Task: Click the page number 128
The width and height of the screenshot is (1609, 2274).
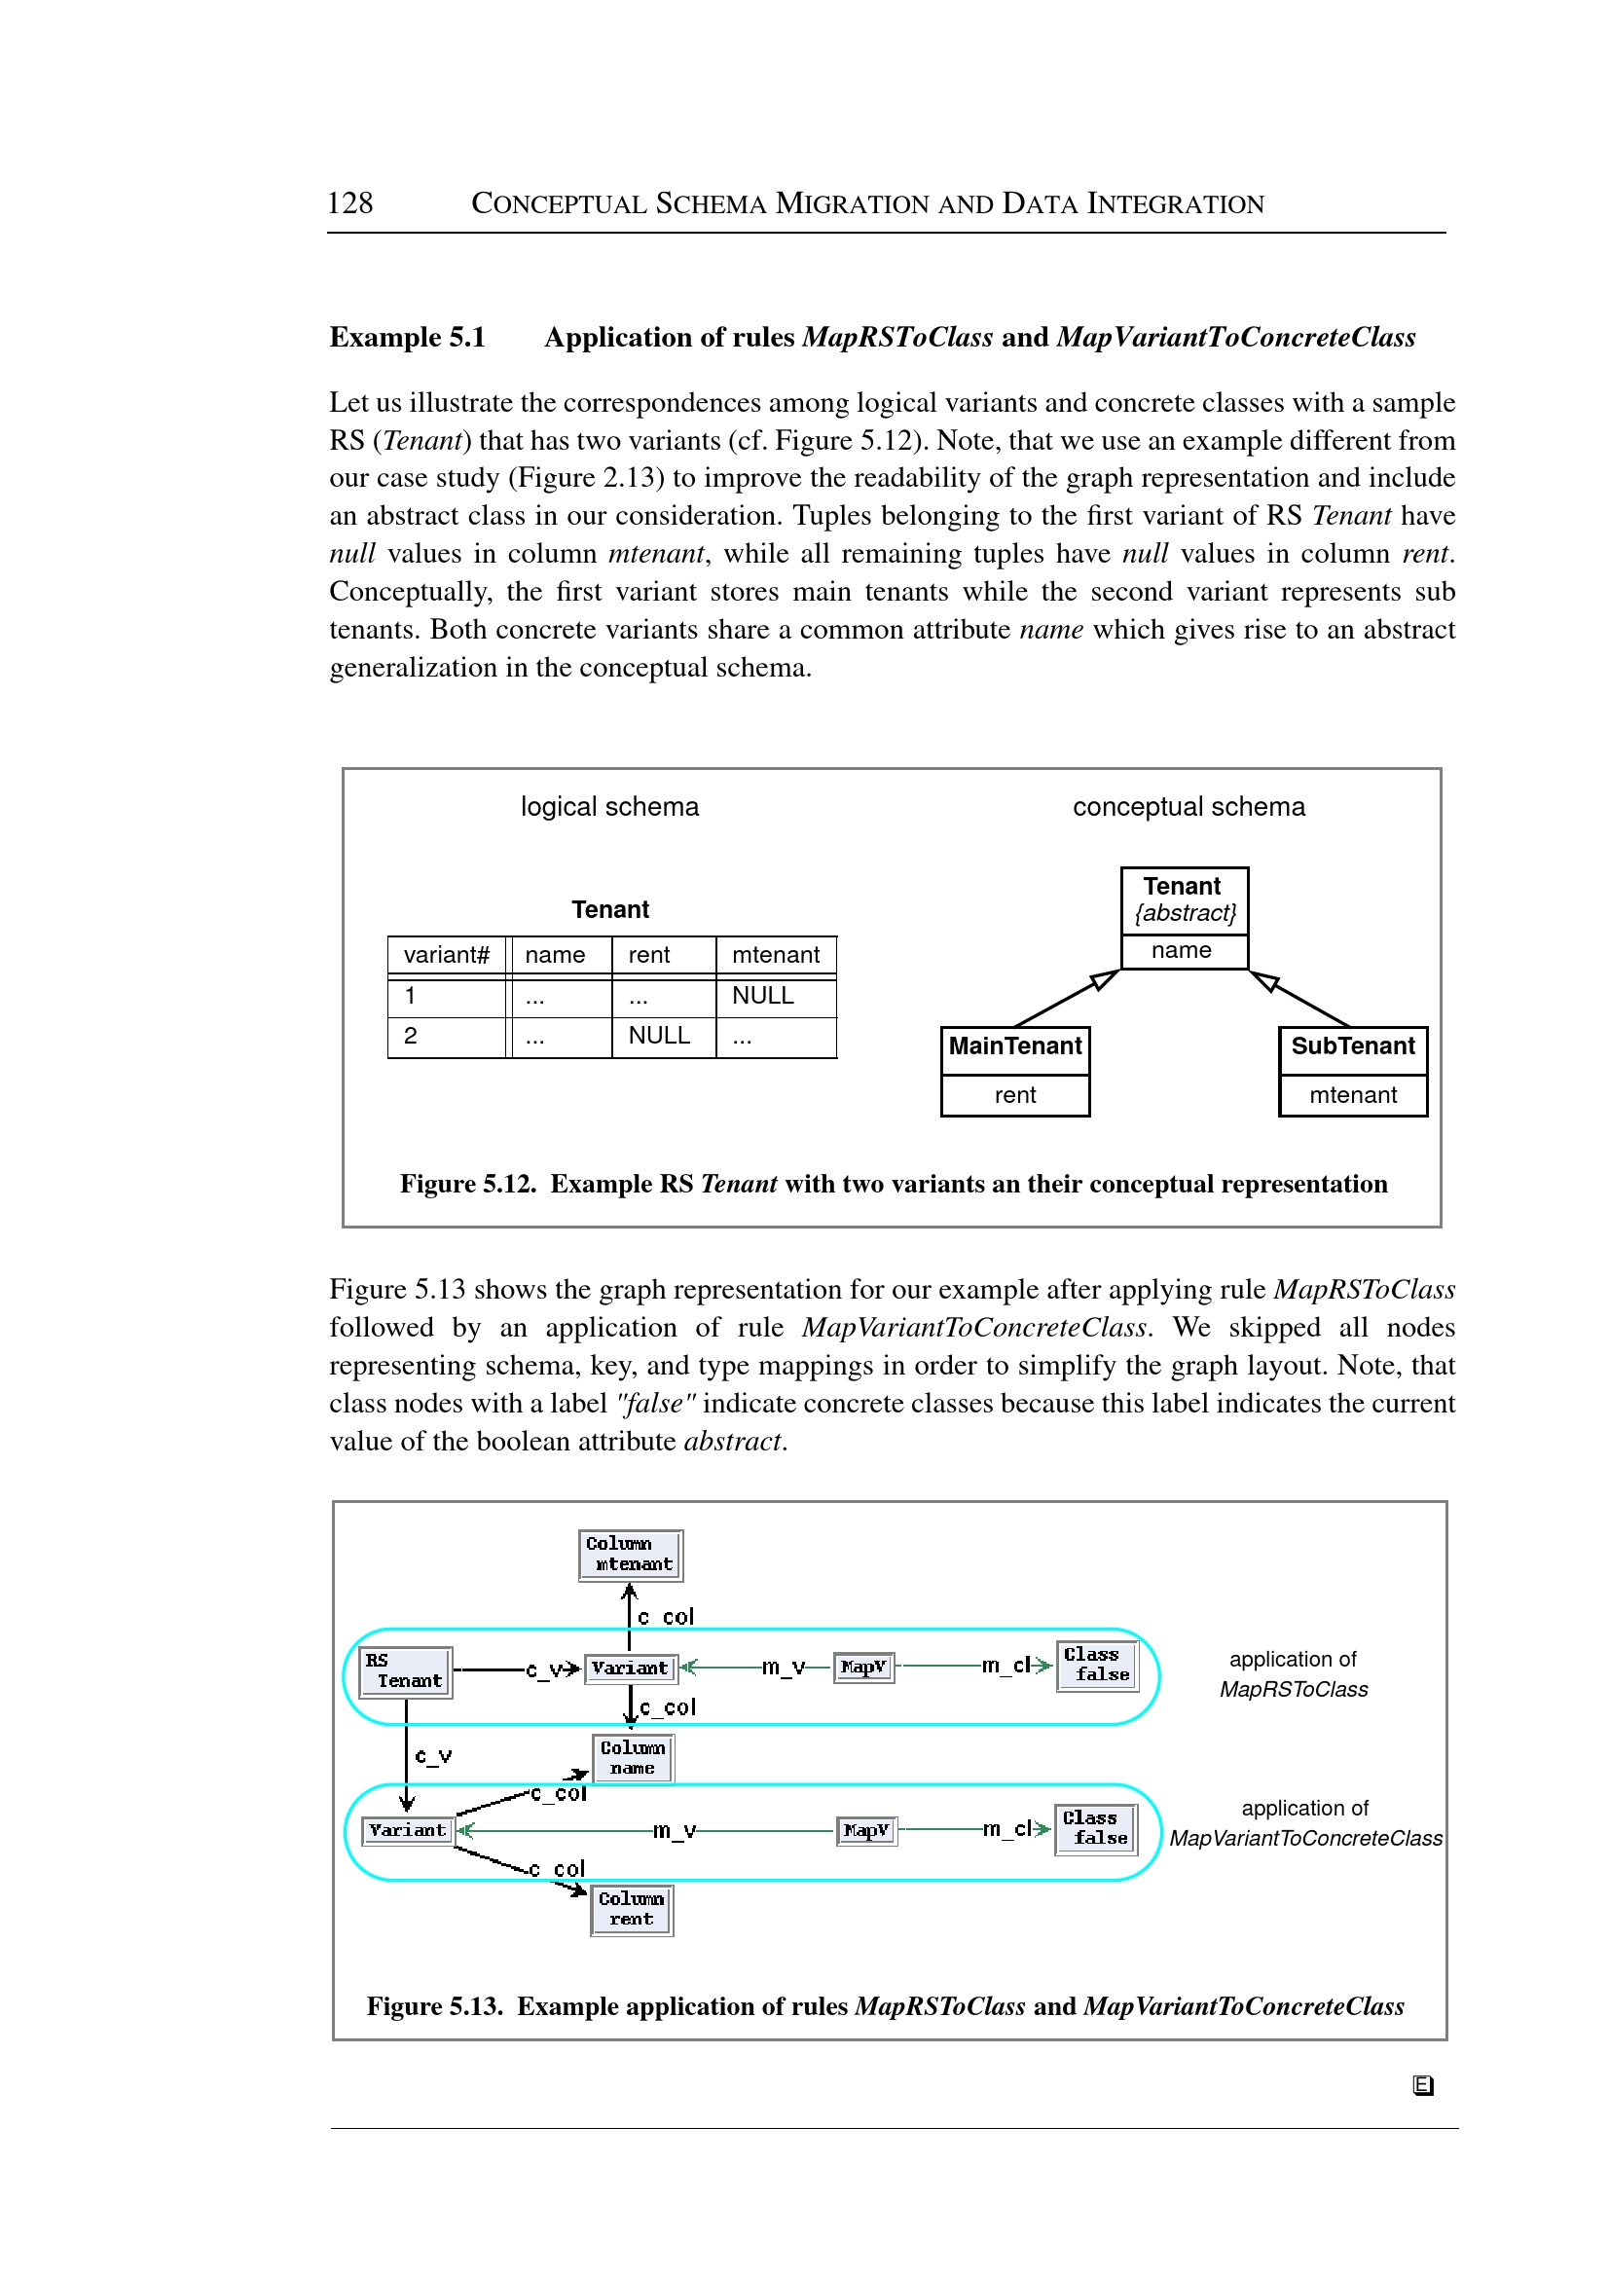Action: coord(349,203)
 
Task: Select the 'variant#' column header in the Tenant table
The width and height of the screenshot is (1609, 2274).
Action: coord(446,955)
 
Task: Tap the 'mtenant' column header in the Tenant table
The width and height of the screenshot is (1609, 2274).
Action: coord(775,955)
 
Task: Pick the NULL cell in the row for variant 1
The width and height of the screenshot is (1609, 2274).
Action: coord(763,996)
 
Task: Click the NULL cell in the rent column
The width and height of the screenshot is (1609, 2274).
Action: coord(659,1036)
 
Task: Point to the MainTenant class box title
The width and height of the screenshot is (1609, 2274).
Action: coord(1014,1046)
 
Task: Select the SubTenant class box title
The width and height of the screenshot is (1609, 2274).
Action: coord(1352,1046)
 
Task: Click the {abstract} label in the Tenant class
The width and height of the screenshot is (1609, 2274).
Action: coord(1185,912)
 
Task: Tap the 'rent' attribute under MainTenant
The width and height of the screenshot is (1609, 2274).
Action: coord(1014,1095)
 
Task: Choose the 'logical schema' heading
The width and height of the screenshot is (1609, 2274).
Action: coord(609,807)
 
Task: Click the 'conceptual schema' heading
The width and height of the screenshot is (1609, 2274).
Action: coord(1188,807)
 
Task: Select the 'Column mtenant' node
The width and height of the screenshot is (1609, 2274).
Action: coord(630,1555)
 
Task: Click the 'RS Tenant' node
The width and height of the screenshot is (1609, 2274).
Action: coord(405,1671)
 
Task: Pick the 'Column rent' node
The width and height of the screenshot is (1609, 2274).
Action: coord(631,1909)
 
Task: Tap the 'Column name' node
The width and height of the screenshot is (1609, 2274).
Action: coord(632,1758)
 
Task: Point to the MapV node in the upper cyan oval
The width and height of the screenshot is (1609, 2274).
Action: coord(863,1668)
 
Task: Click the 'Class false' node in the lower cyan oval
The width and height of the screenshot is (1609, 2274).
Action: coord(1095,1828)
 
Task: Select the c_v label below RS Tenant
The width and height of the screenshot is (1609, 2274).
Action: coord(433,1757)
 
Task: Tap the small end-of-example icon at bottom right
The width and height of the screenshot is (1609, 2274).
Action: coord(1423,2086)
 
